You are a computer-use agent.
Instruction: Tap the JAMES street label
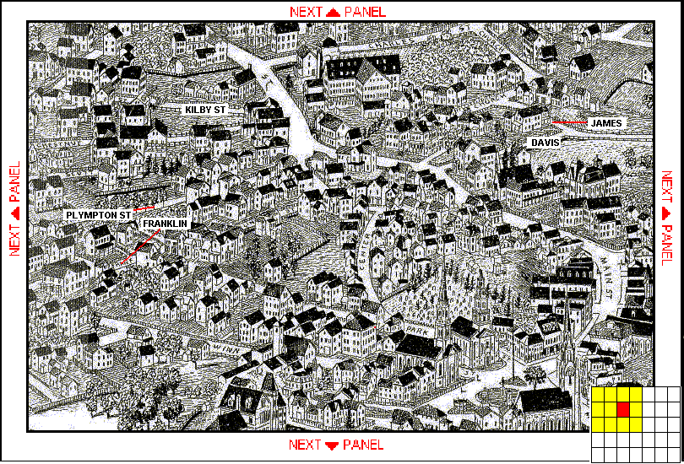tap(606, 123)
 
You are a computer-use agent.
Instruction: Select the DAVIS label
tap(545, 143)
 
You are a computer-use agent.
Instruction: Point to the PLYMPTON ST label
tap(99, 215)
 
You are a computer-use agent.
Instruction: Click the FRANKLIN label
tap(165, 223)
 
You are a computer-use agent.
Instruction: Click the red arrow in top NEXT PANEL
tap(333, 12)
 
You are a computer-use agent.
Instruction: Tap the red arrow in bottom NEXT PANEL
tap(331, 445)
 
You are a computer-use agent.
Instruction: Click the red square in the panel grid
tap(623, 410)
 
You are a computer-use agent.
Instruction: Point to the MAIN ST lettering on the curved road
tap(609, 278)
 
